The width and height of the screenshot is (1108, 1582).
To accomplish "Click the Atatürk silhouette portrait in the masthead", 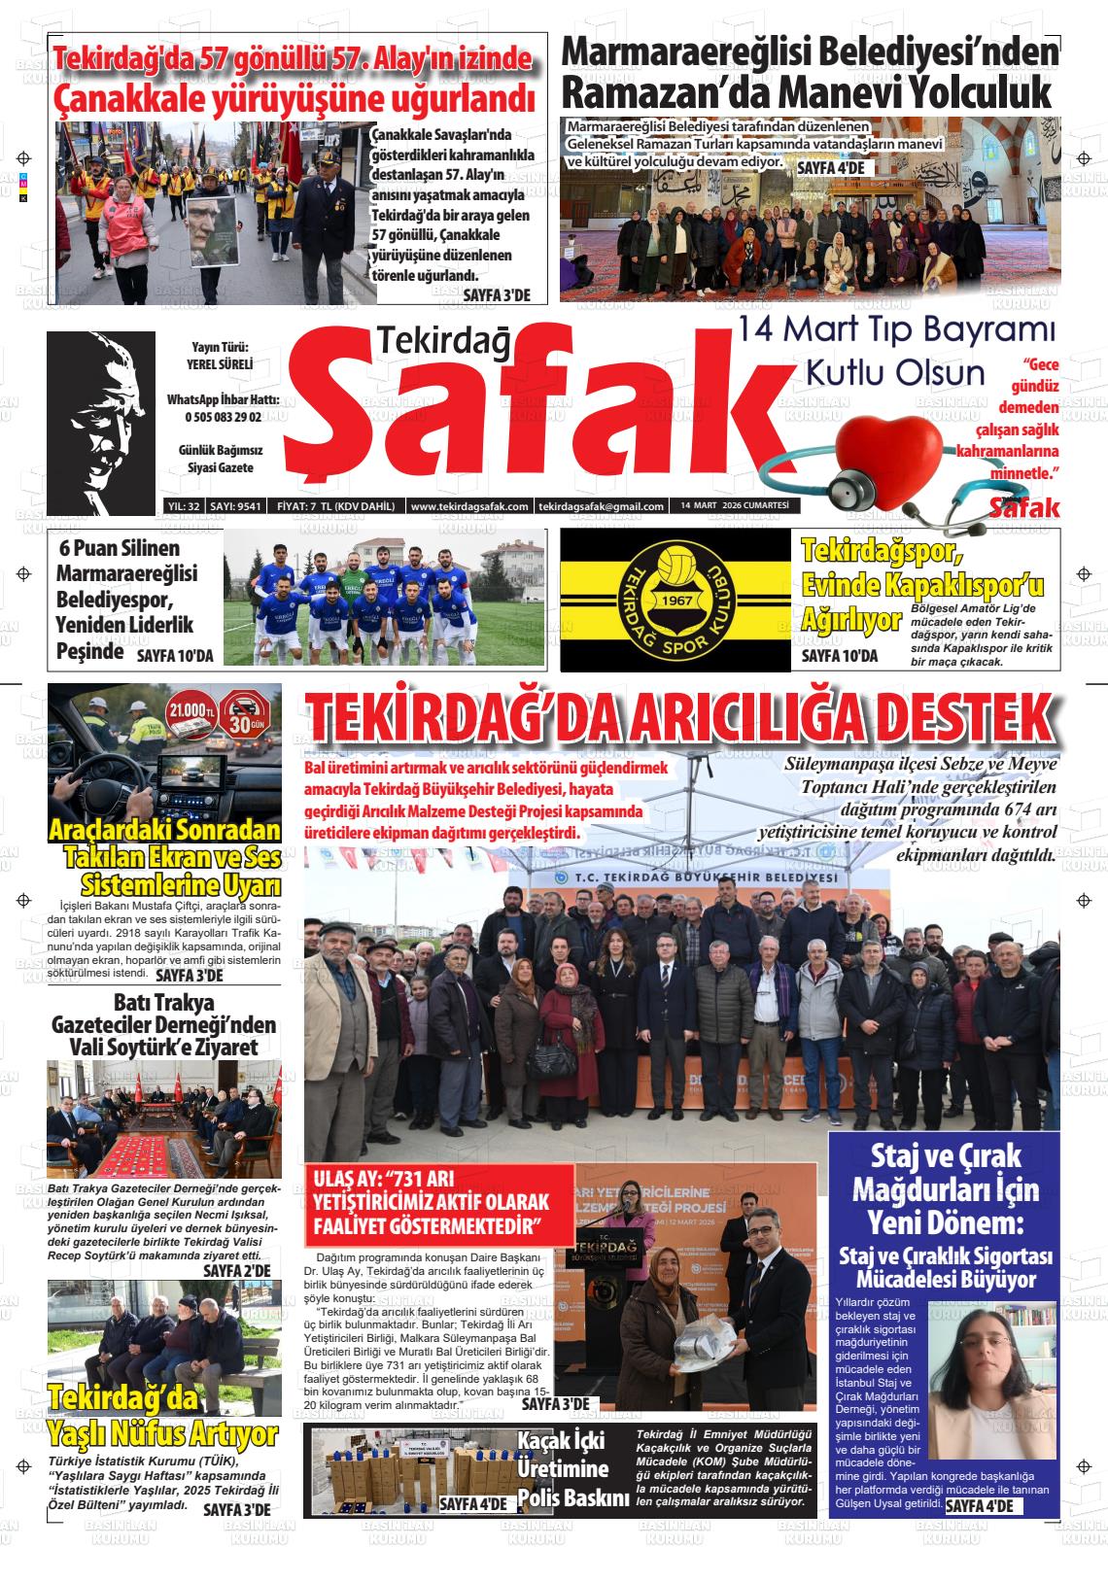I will pyautogui.click(x=101, y=421).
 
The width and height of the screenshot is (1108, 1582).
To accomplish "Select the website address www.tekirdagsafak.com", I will pyautogui.click(x=469, y=506).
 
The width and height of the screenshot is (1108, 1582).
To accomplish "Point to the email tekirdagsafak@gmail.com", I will pyautogui.click(x=602, y=506).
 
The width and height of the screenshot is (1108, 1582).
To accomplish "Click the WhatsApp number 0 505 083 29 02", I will pyautogui.click(x=223, y=417).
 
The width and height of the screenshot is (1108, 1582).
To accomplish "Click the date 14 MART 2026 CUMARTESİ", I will pyautogui.click(x=734, y=505).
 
